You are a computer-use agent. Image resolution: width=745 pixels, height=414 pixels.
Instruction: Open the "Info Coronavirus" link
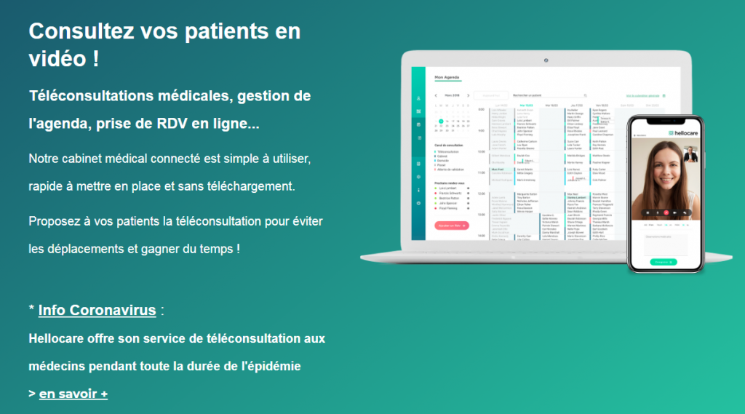tap(97, 311)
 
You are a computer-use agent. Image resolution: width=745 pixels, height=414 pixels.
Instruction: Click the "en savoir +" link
tap(73, 394)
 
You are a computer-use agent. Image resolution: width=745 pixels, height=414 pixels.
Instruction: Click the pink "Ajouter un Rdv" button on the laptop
tap(451, 226)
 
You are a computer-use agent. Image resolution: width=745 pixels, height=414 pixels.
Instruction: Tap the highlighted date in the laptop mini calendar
tap(441, 122)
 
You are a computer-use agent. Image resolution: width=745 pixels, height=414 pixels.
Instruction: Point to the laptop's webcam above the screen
tap(546, 58)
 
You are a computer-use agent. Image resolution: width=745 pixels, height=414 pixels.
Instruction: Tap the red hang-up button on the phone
tap(666, 212)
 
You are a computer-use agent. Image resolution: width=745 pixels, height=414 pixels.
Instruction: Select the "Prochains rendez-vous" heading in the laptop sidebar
tap(449, 183)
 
